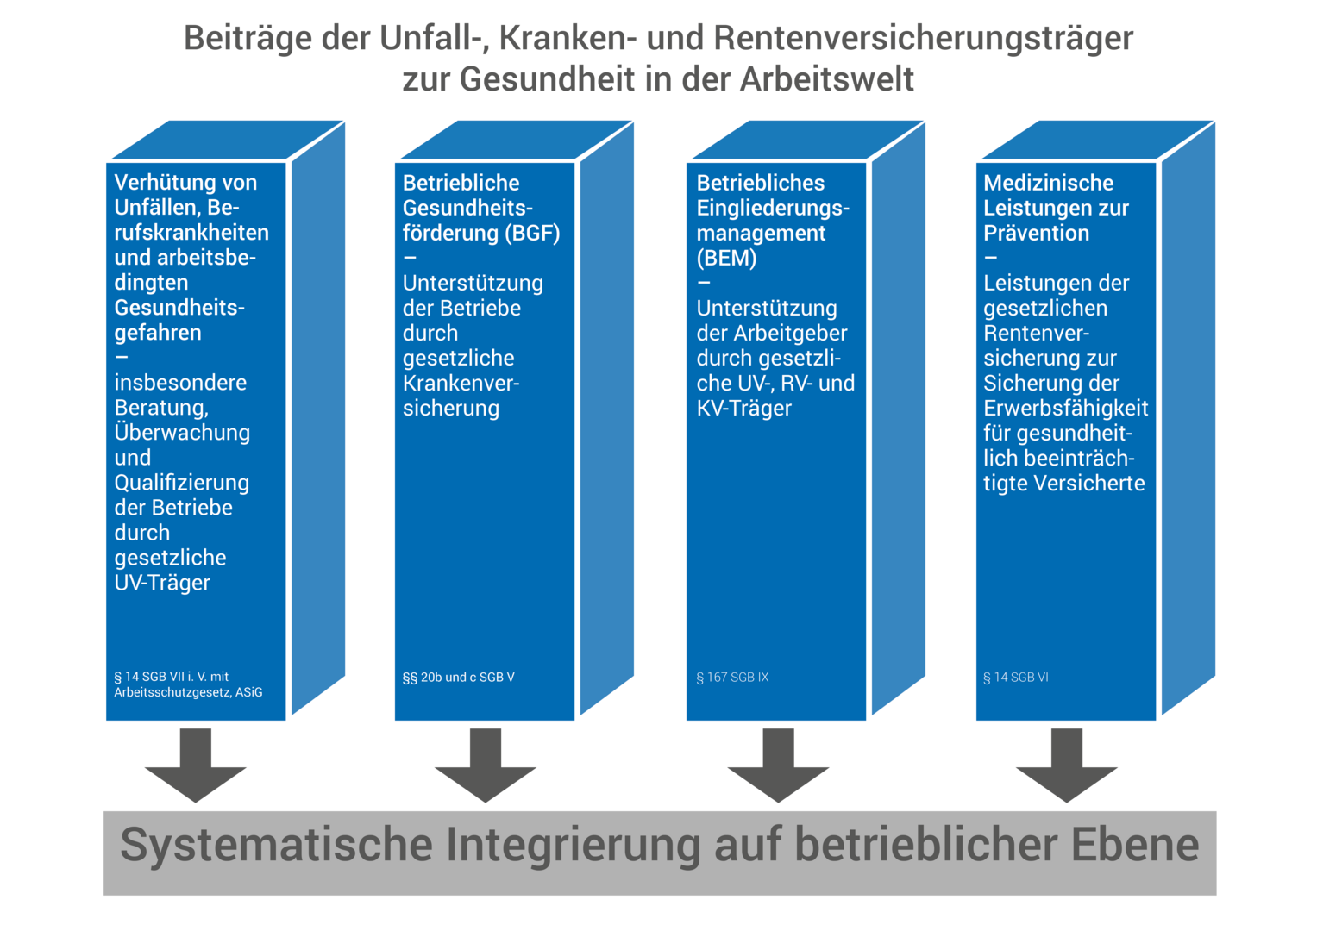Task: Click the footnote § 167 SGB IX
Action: pos(732,678)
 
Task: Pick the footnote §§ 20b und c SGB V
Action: pos(458,678)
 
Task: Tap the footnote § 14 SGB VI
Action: pos(1016,678)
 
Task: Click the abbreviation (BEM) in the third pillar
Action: pos(726,258)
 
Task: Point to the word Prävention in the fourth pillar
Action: pos(1036,233)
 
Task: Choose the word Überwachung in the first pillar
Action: pos(182,432)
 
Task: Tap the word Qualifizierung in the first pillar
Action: pos(181,482)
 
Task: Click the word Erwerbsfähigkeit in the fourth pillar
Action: pos(1065,408)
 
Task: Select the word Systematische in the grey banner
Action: pos(276,845)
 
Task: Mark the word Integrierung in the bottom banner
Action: pos(573,845)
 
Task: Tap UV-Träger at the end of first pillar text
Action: pos(162,583)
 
